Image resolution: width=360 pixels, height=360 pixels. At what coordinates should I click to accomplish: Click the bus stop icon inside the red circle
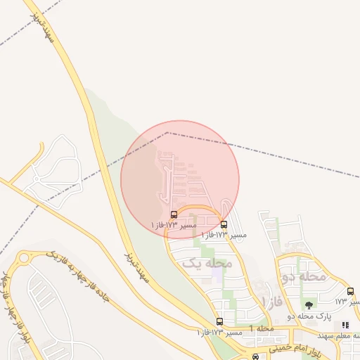point(174,214)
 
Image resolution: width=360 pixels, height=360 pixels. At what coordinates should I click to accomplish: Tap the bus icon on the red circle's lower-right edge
point(224,225)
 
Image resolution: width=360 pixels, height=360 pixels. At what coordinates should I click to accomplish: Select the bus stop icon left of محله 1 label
point(219,321)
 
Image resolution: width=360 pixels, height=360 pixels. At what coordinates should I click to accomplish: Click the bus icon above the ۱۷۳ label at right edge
point(350,291)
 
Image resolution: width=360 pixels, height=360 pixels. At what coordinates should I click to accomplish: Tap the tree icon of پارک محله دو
point(309,305)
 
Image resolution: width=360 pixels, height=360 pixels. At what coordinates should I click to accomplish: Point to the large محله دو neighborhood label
point(303,276)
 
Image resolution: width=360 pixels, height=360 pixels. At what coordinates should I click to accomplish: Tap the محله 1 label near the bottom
point(264,329)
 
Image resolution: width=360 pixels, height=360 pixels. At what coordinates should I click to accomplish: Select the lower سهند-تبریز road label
point(137,266)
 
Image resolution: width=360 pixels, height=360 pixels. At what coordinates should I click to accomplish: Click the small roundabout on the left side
point(25,257)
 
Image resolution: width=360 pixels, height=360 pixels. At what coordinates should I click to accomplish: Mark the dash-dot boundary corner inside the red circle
point(167,132)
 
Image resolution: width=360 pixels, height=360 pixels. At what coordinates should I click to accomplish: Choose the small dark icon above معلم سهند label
point(345,325)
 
